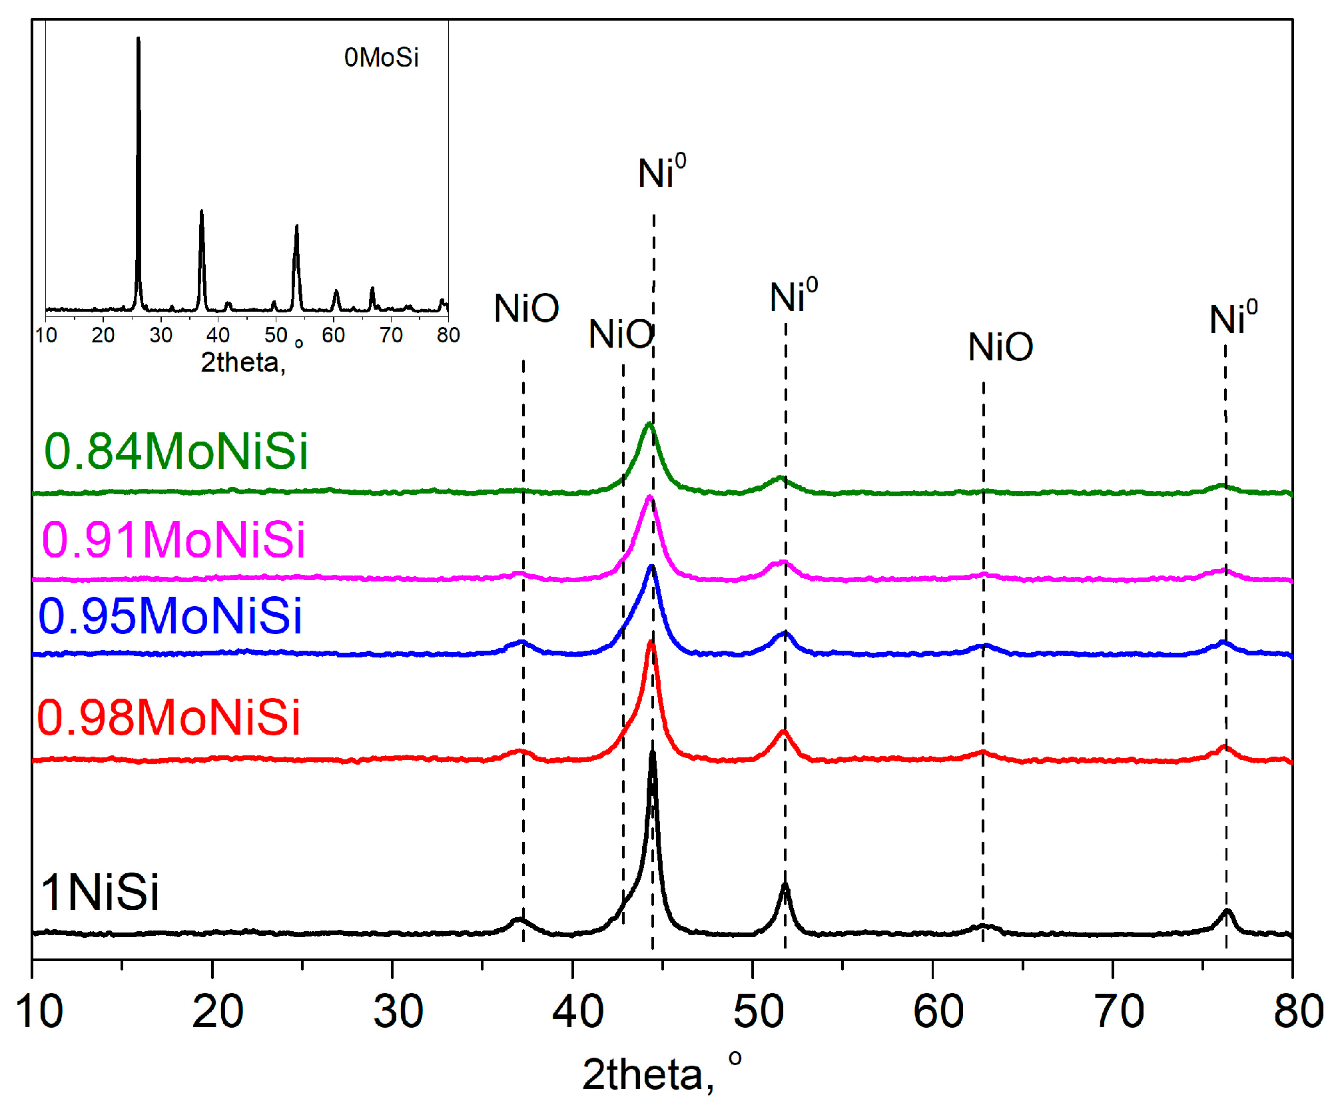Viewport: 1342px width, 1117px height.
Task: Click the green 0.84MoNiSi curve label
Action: [x=176, y=452]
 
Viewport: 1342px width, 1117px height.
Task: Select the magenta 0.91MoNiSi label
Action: [x=174, y=539]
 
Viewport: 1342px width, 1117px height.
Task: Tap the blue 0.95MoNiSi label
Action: [x=170, y=615]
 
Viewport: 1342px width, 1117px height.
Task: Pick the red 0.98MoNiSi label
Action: [x=168, y=717]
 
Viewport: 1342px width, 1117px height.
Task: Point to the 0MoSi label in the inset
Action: [x=381, y=58]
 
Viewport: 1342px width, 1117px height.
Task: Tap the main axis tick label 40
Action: [x=577, y=1010]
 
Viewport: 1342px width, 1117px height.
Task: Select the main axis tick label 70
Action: [x=1120, y=1010]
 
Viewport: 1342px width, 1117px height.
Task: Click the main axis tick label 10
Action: [x=39, y=1010]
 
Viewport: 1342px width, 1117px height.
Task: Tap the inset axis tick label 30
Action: [x=161, y=335]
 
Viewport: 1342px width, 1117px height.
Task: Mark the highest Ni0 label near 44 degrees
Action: [x=661, y=173]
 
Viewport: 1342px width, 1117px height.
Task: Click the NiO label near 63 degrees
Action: [x=1000, y=347]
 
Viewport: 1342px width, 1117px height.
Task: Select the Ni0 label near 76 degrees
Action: [x=1233, y=318]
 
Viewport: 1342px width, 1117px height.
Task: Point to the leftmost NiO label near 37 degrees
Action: [x=526, y=308]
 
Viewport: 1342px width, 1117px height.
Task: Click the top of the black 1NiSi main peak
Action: [x=653, y=753]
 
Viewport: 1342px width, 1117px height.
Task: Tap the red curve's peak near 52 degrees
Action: [x=784, y=732]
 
